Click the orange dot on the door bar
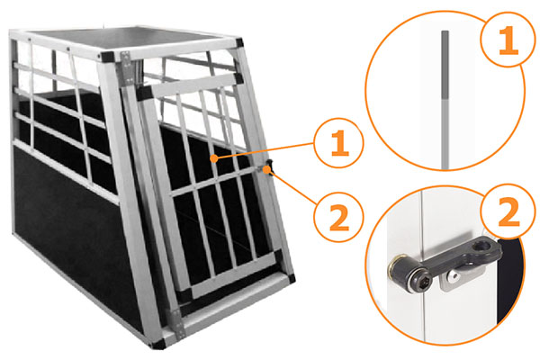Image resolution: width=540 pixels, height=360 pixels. tap(214, 158)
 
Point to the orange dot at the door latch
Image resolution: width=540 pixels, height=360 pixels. tap(266, 169)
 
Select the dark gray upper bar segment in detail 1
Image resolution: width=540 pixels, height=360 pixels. tap(445, 65)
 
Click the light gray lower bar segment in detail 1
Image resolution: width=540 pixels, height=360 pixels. tap(445, 134)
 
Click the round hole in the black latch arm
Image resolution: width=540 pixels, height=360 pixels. tap(479, 247)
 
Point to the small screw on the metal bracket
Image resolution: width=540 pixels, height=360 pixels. tap(454, 275)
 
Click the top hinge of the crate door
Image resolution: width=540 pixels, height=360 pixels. tap(128, 67)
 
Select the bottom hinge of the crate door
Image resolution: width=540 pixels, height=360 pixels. tap(178, 322)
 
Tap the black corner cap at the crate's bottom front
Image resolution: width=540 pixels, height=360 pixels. tap(157, 345)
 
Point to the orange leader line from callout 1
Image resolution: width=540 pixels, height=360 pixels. tap(264, 151)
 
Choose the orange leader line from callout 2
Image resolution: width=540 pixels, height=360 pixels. tap(292, 187)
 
